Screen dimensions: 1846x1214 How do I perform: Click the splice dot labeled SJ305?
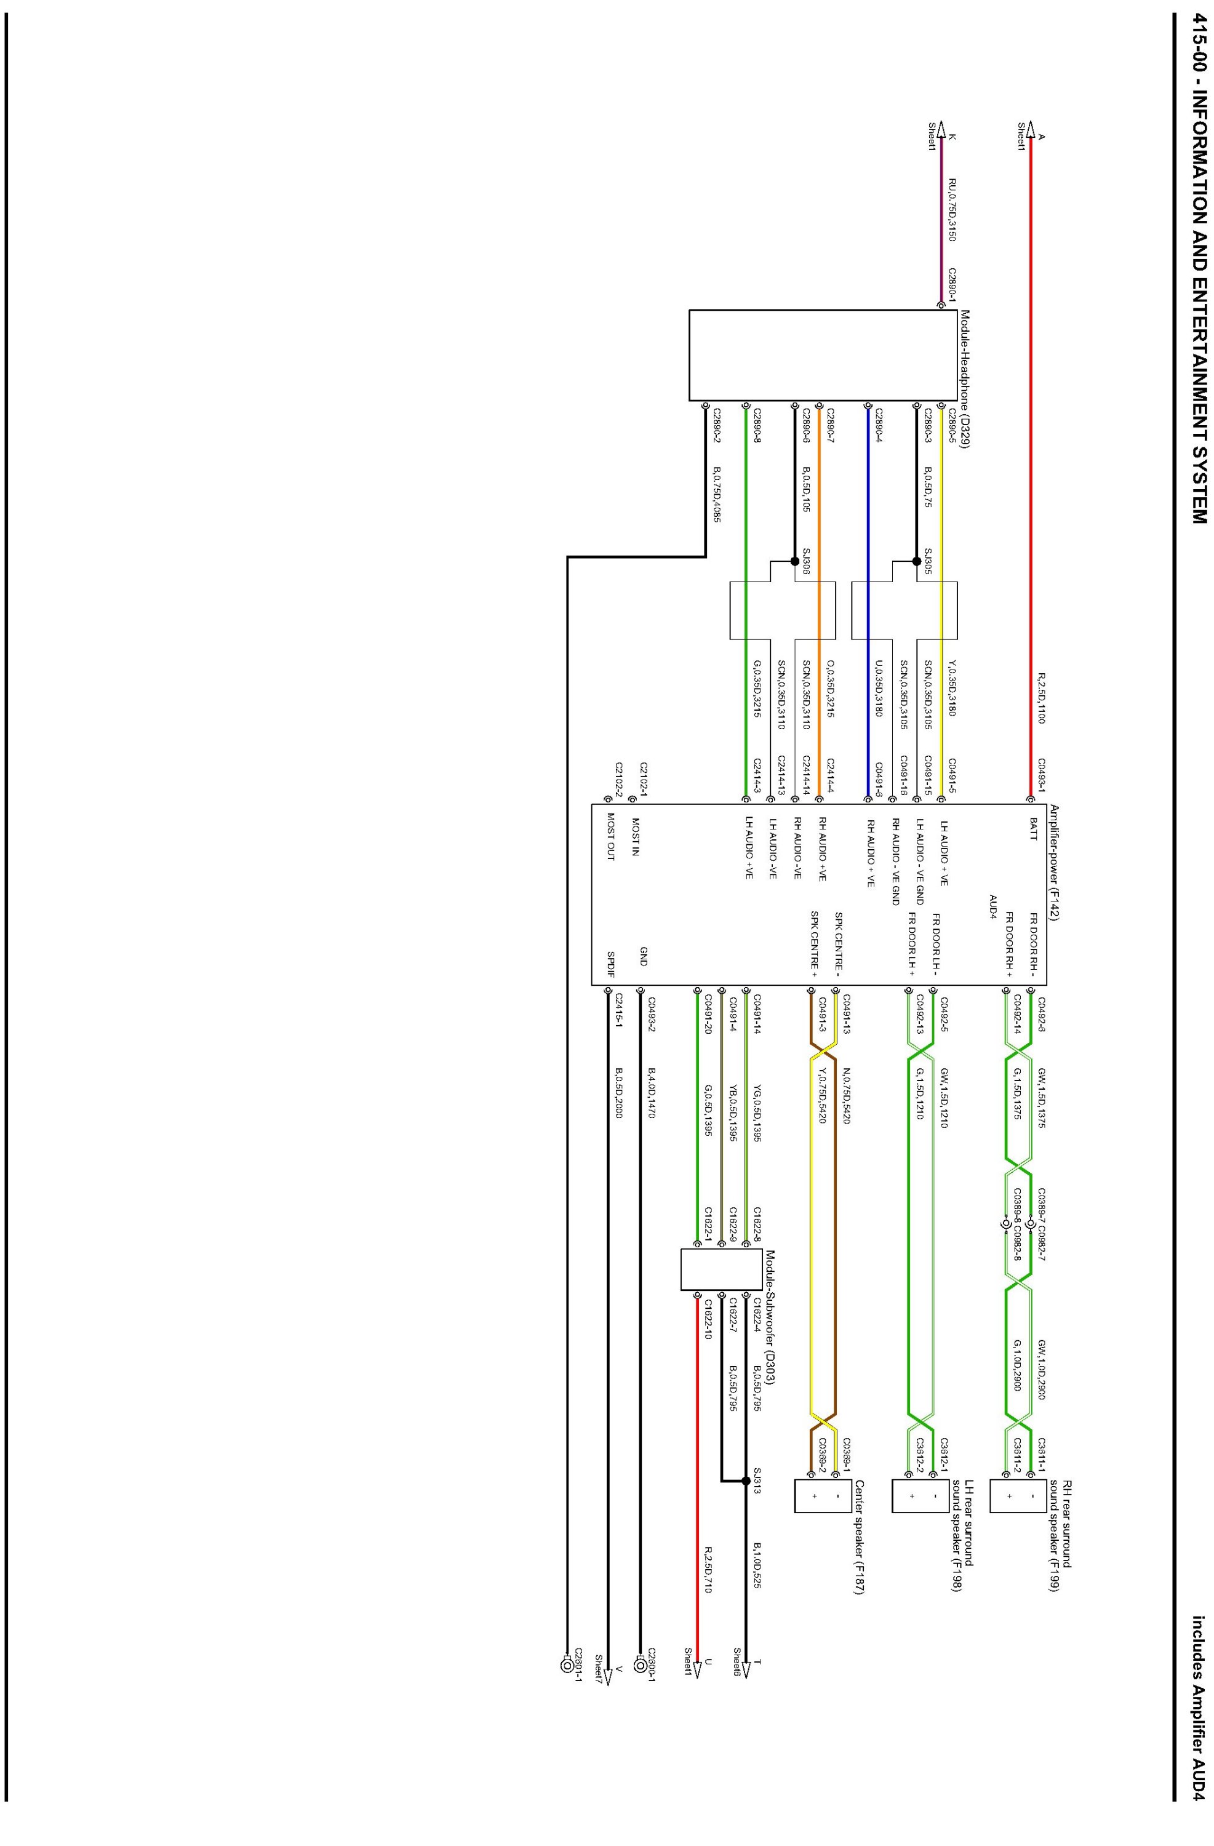point(916,561)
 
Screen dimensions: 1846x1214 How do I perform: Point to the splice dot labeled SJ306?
point(794,561)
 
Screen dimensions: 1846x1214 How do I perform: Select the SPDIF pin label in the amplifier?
point(611,962)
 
